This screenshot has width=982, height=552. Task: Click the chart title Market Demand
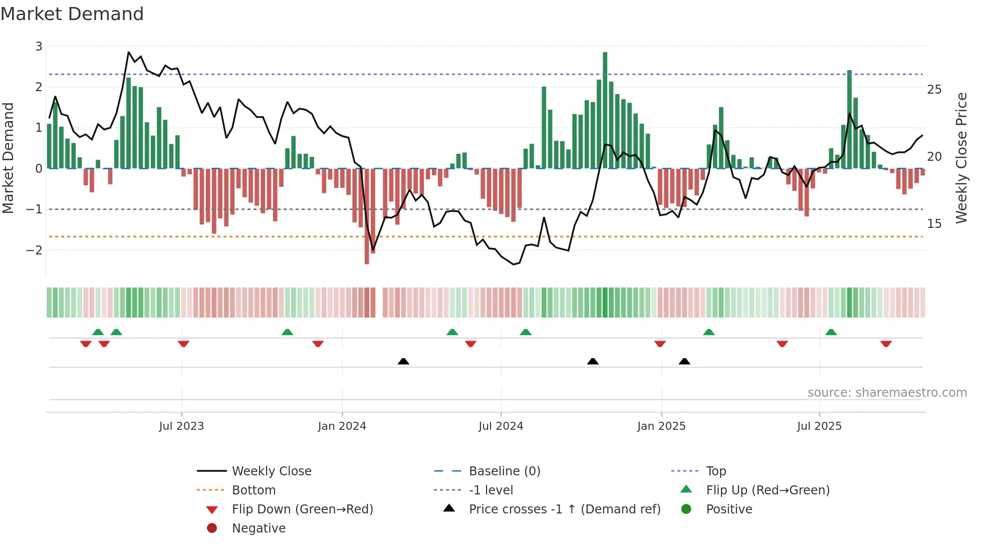pos(72,14)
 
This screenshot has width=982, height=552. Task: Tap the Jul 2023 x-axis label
pos(181,426)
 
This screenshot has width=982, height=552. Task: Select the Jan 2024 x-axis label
pos(342,426)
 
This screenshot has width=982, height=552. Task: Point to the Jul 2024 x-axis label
pos(501,426)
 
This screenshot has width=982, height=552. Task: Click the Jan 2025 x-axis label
pos(661,426)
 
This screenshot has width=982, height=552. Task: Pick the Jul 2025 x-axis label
pos(819,426)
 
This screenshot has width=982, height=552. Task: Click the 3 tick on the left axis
pos(39,46)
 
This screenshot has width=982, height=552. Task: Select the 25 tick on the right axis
pos(934,90)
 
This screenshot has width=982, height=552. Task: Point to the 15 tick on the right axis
pos(934,224)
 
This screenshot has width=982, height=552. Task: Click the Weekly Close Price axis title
pos(961,158)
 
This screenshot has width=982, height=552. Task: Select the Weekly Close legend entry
pos(271,471)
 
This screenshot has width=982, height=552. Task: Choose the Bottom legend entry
pos(254,490)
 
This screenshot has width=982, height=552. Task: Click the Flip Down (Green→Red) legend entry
pos(302,509)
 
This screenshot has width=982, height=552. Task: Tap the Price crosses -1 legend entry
pos(564,509)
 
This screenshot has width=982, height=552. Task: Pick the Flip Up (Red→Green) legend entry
pos(768,490)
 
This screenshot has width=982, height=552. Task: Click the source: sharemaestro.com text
pos(887,393)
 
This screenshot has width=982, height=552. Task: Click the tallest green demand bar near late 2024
pos(605,110)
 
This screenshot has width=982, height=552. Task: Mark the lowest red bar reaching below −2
pos(367,215)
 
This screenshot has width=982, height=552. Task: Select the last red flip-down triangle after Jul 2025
pos(886,344)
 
